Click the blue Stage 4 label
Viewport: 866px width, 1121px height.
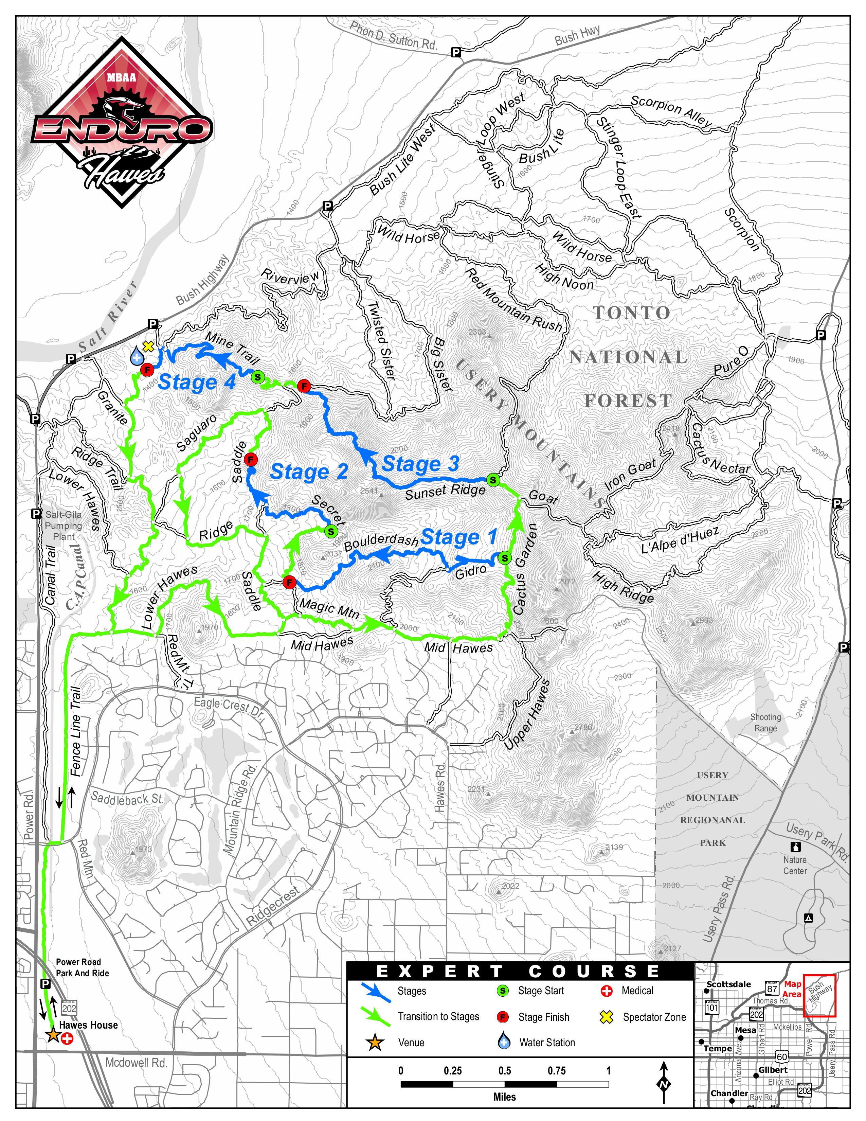coord(197,383)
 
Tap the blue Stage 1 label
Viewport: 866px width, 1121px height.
coord(459,537)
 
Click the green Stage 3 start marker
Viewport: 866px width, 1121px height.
coord(492,480)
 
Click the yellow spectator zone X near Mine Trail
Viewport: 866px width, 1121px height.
coord(148,346)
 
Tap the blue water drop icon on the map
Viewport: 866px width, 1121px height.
coord(137,356)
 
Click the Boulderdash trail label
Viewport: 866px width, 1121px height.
coord(381,541)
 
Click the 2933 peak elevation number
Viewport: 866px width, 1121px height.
coord(704,620)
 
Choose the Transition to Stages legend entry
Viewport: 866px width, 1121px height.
coord(438,1016)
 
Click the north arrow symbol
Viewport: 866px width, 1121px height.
coord(664,1083)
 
